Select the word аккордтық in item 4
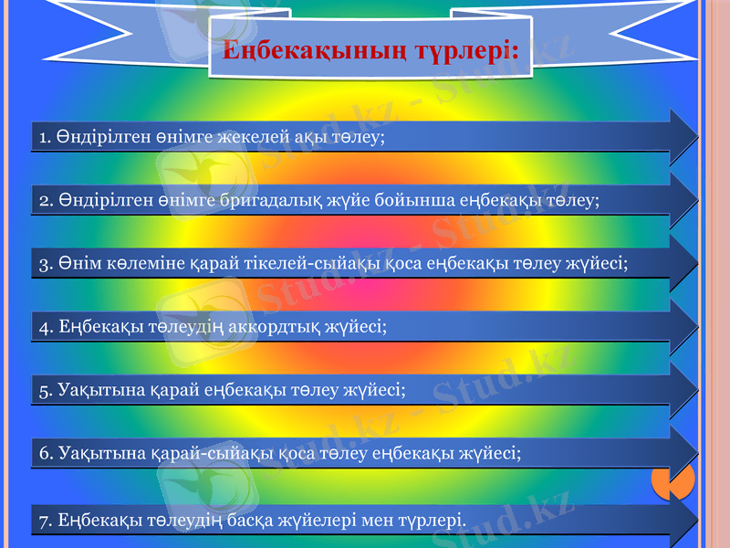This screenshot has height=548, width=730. pyautogui.click(x=260, y=327)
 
